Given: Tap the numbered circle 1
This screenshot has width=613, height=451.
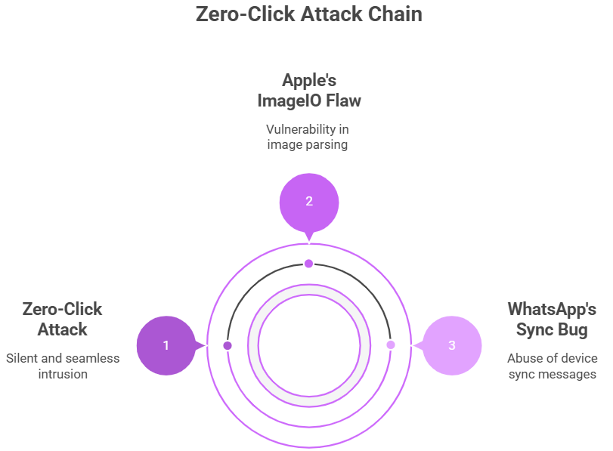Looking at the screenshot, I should (166, 345).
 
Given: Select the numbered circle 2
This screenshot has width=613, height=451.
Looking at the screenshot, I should (308, 201).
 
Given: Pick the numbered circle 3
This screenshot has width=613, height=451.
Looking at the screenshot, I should (452, 345).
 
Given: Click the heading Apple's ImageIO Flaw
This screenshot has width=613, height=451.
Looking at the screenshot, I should (308, 90).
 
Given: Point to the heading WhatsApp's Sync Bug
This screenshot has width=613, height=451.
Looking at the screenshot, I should (552, 319).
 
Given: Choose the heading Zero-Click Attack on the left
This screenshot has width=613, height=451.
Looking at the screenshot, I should (63, 319).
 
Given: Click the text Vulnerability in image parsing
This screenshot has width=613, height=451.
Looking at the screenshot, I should (308, 137).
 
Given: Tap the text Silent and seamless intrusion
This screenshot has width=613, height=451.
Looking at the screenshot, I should (63, 366).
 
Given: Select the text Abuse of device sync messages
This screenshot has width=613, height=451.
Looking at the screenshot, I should (552, 366).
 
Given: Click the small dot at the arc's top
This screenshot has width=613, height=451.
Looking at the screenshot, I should (308, 263).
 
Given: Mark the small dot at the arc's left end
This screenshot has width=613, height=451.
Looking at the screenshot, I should (228, 345).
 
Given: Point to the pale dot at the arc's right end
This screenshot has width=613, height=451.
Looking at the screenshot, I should (391, 345).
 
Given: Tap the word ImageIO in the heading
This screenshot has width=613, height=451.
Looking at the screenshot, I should (285, 100).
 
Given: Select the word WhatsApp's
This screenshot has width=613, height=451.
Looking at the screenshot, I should (552, 309).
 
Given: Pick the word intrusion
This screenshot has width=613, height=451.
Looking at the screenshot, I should (63, 373).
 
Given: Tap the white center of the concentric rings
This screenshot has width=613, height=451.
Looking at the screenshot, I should (309, 346).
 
